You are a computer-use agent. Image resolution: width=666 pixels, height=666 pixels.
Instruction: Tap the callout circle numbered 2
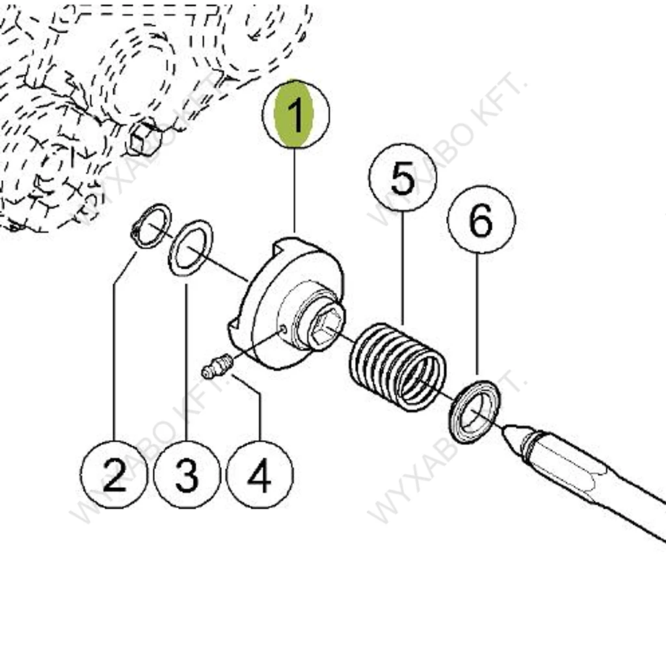pos(114,474)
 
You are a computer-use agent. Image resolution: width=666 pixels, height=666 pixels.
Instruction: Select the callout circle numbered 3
pos(187,474)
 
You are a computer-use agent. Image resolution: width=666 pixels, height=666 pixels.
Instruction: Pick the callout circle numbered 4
pos(260,474)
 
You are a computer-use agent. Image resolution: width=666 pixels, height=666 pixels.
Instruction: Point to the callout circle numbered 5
pos(402,178)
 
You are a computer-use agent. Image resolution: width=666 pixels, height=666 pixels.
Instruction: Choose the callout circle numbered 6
pos(481,219)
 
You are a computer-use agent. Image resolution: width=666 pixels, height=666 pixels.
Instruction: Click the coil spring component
pos(397,367)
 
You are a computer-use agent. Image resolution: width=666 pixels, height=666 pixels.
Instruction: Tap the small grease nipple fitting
pos(217,366)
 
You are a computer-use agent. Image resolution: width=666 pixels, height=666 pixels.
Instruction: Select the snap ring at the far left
pos(151,226)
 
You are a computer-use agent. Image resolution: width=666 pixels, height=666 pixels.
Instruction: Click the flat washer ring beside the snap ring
pos(191,248)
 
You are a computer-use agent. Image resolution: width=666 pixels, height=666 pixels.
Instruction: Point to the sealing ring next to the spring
pos(475,412)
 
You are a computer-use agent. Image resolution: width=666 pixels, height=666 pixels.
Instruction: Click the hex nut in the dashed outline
pos(144,137)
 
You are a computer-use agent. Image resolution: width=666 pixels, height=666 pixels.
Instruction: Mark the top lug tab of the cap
pos(286,245)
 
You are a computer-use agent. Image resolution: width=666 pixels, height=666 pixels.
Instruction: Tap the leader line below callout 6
pos(477,314)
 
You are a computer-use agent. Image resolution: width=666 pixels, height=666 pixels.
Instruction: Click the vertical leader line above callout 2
pos(114,362)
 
